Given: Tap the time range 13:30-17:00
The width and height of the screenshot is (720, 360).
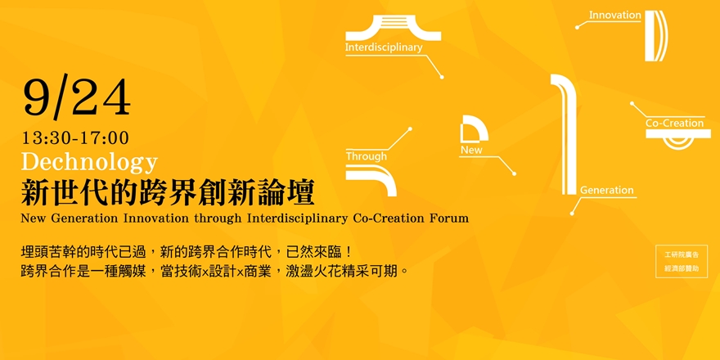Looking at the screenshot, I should (75, 138).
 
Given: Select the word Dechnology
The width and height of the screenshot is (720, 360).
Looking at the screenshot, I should (89, 160).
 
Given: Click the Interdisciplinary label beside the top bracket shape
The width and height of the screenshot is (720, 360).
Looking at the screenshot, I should (384, 47).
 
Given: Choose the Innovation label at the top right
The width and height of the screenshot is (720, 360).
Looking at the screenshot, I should (614, 15).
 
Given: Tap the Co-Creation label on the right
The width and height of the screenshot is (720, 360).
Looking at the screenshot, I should (674, 124).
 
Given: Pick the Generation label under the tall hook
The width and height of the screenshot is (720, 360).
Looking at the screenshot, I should (606, 190).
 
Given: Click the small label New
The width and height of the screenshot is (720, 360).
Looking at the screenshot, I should (471, 151).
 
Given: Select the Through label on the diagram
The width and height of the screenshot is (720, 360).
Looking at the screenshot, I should (366, 156).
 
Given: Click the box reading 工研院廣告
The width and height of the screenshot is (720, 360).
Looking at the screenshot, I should (681, 254).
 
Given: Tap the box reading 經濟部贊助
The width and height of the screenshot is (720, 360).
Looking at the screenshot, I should (681, 268).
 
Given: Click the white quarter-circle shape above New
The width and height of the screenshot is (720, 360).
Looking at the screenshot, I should (473, 129).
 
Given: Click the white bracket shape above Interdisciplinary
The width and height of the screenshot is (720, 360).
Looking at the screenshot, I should (394, 29).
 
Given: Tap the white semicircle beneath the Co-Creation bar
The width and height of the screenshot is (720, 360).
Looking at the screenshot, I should (677, 142).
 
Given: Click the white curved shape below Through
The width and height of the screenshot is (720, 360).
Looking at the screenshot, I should (373, 178).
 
